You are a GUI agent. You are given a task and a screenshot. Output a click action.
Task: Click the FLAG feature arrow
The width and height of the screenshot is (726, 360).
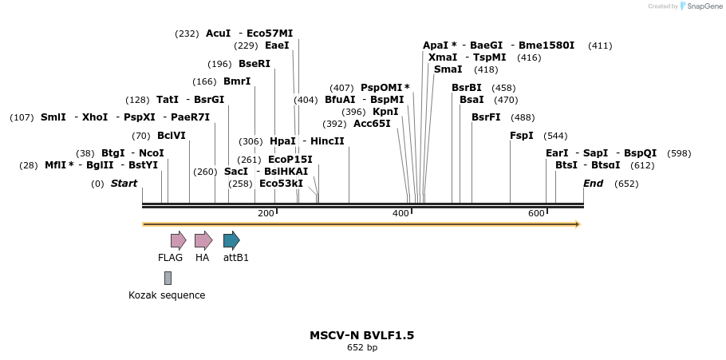click(x=178, y=240)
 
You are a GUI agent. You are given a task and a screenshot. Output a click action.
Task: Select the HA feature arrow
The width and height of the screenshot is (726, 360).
click(x=203, y=240)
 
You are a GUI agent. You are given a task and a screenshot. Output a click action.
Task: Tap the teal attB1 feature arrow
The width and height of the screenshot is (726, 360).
click(x=231, y=240)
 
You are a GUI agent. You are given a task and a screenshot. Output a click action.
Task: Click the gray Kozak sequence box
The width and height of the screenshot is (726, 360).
click(x=168, y=278)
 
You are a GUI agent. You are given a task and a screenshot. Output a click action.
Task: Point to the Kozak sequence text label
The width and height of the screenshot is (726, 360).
click(x=167, y=295)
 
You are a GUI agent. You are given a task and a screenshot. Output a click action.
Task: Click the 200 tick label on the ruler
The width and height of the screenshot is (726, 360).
click(x=266, y=213)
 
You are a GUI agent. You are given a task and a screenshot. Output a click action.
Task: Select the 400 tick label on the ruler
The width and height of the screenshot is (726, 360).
click(x=400, y=213)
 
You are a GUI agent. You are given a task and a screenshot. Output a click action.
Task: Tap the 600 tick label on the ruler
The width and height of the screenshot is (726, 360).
click(x=536, y=213)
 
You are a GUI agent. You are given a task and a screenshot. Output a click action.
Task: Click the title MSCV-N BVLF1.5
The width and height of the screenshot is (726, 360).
click(x=361, y=335)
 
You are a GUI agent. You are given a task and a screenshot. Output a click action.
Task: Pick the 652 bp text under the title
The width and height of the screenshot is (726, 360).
click(x=362, y=348)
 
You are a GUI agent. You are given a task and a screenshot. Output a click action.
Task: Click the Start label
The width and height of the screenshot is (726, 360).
click(x=124, y=184)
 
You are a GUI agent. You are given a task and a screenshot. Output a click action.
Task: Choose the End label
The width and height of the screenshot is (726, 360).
click(x=593, y=184)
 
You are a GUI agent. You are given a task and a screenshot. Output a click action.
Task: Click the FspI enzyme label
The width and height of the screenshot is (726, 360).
click(x=522, y=136)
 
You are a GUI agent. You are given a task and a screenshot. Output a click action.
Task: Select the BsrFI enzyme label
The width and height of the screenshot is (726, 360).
click(x=486, y=117)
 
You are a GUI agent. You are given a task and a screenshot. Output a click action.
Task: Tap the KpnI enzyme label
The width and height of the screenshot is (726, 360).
click(x=385, y=112)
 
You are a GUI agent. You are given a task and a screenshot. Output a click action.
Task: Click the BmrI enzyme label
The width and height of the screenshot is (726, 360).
click(x=237, y=81)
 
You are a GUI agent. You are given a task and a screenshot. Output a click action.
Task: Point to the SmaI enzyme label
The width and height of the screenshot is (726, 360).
click(x=448, y=69)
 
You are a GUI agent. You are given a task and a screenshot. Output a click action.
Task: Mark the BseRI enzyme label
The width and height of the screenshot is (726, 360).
click(x=254, y=64)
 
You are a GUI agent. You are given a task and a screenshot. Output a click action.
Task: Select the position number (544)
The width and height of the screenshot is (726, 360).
click(x=555, y=136)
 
